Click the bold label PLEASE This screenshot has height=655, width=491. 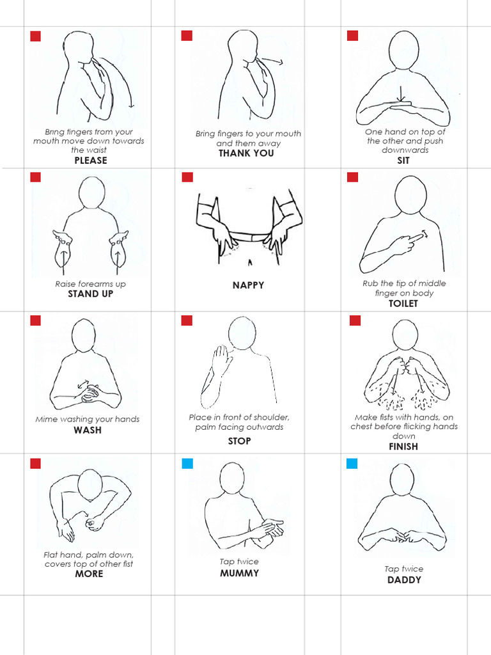click(91, 161)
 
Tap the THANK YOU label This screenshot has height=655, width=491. click(246, 154)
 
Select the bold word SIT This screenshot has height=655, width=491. click(403, 161)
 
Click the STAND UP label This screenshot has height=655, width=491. click(91, 294)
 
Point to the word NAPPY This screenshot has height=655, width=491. click(248, 285)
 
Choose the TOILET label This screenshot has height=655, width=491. click(403, 304)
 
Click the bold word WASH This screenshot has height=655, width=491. click(88, 430)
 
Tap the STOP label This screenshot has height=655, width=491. click(239, 441)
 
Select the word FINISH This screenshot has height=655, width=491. click(403, 446)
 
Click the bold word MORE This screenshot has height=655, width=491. click(89, 574)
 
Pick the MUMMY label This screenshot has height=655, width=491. click(239, 573)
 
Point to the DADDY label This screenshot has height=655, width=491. click(404, 580)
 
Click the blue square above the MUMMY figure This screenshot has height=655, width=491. click(187, 463)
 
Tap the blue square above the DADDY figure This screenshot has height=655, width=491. click(352, 463)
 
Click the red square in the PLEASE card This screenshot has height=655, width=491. click(36, 36)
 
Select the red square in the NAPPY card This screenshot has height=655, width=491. click(187, 177)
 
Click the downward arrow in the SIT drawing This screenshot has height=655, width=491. click(401, 93)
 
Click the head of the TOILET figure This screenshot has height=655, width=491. click(410, 194)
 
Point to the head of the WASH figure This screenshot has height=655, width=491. click(83, 335)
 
